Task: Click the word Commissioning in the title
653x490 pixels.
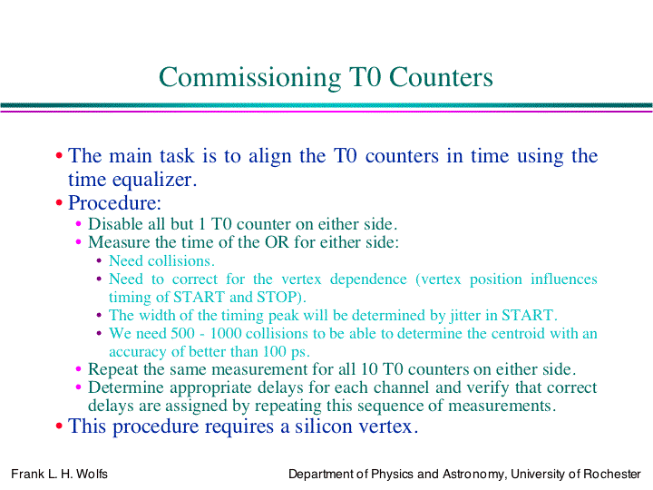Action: [250, 78]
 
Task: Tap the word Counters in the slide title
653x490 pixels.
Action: [441, 77]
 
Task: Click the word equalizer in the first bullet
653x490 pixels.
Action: [152, 180]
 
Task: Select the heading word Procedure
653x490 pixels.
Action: [112, 203]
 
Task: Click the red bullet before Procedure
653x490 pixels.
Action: [59, 203]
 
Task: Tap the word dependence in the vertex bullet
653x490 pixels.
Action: [368, 279]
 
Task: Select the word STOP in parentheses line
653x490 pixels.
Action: [278, 297]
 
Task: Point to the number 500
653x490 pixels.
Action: [182, 333]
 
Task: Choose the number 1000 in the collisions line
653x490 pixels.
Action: [225, 333]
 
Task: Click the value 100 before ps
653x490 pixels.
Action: [274, 352]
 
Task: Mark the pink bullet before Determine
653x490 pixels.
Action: [78, 387]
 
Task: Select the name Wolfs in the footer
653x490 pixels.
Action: [92, 474]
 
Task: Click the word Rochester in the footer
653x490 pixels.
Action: [612, 474]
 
